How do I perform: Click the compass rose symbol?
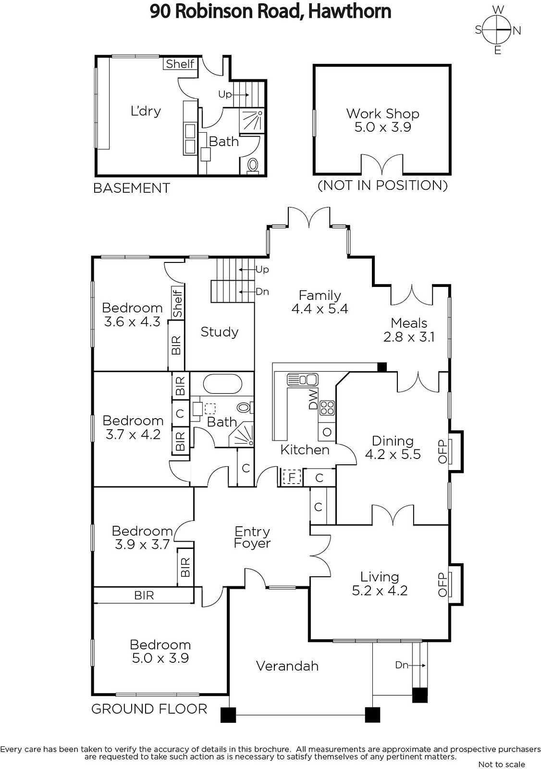pos(497,30)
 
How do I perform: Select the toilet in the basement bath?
pos(253,165)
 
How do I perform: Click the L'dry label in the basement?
pos(146,111)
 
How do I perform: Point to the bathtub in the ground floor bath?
pos(222,384)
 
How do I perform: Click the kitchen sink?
pos(302,379)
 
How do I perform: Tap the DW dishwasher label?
pos(313,399)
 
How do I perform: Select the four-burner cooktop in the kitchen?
pos(327,408)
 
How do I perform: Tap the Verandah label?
pos(287,666)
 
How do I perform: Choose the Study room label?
pos(220,332)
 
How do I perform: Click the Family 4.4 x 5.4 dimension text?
pos(320,309)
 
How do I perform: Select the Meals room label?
pos(409,323)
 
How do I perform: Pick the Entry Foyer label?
pos(252,537)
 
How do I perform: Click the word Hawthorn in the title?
pos(349,11)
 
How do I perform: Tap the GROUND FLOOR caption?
pos(149,709)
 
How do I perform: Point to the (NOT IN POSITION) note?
pos(382,186)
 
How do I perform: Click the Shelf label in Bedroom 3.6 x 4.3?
pos(177,303)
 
